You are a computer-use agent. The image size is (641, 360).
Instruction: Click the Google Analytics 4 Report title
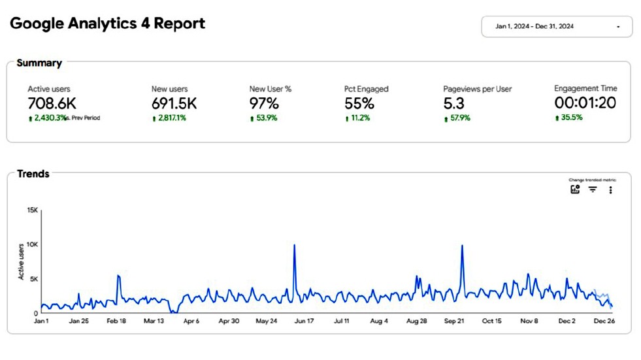point(108,24)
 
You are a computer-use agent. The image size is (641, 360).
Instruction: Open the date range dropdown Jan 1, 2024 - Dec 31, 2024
point(557,27)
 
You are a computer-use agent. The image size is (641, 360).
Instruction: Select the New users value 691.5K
point(174,103)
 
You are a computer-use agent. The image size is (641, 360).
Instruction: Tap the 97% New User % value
point(264,103)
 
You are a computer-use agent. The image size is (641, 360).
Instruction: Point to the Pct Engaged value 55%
point(359,103)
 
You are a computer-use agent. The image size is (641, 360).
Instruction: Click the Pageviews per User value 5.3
point(455,103)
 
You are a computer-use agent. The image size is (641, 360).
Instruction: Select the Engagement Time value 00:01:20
point(585,103)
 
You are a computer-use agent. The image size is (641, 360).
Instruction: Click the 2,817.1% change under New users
point(169,118)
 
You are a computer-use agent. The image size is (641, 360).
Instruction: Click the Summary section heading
point(39,63)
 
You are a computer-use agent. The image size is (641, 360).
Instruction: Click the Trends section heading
point(33,174)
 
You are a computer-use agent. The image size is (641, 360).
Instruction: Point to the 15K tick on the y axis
point(32,210)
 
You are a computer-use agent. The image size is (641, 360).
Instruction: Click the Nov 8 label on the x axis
point(529,321)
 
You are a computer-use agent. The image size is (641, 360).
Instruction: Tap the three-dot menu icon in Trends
point(610,189)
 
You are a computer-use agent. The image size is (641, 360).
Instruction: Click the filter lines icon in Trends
point(593,189)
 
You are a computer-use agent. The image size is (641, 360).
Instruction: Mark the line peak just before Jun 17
point(295,245)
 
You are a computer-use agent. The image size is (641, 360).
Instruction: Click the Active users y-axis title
point(21,261)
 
